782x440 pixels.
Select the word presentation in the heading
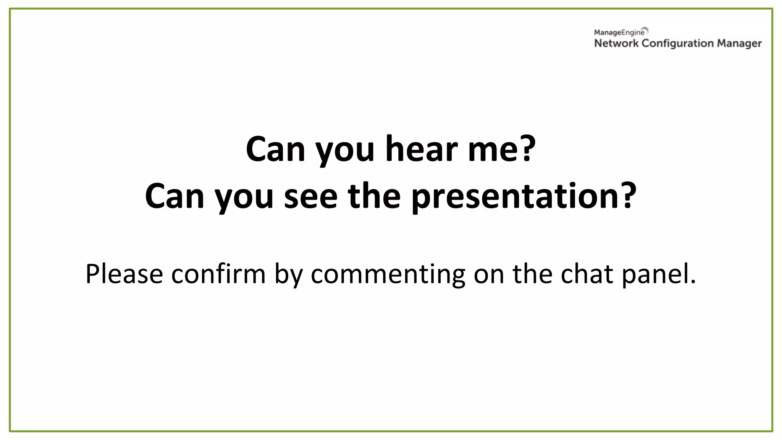click(x=514, y=196)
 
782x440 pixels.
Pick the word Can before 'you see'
click(x=174, y=196)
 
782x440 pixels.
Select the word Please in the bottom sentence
click(x=124, y=274)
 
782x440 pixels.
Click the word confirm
click(x=218, y=274)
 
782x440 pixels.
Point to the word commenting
click(x=388, y=274)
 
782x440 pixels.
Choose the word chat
click(x=586, y=274)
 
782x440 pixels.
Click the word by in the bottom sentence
click(x=288, y=274)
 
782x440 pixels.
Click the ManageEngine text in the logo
click(x=619, y=33)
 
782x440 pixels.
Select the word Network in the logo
click(x=616, y=44)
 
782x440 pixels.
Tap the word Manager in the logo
click(x=739, y=44)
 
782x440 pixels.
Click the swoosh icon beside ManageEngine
click(x=645, y=30)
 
